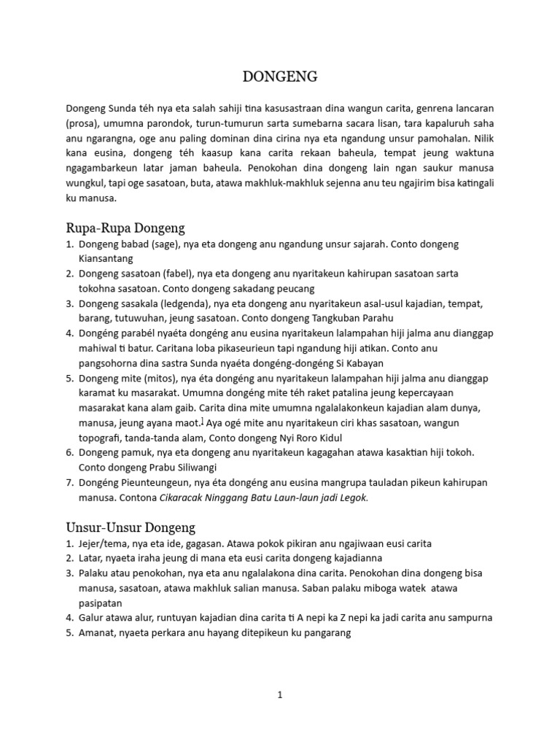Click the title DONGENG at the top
tap(280, 77)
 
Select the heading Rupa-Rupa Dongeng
tap(125, 228)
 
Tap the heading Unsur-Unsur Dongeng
tap(131, 527)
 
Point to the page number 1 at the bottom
tap(279, 695)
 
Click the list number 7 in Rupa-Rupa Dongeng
tap(69, 483)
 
